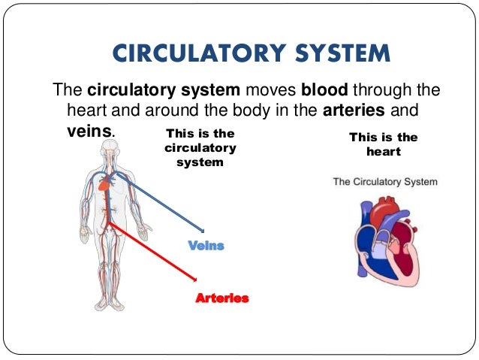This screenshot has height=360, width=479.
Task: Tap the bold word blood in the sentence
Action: (327, 91)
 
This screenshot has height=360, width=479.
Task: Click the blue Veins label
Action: (206, 246)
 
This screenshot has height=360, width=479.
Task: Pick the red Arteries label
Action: (221, 298)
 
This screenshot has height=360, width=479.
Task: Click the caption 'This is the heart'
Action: (384, 144)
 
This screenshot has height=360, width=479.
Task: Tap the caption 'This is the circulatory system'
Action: (200, 147)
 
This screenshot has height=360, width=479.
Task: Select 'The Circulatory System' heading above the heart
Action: (385, 182)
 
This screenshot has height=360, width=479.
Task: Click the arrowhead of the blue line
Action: (202, 230)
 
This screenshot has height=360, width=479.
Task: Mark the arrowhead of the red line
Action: (195, 283)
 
